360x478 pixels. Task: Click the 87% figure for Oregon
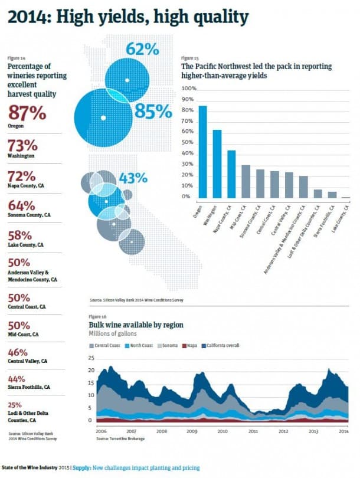(x=26, y=113)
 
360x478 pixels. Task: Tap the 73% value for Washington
(x=22, y=145)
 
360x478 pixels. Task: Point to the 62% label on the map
(x=142, y=48)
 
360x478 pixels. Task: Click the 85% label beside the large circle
(x=152, y=110)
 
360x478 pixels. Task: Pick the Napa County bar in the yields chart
(x=231, y=175)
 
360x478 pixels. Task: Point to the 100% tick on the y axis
(x=189, y=89)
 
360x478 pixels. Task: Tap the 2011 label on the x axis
(x=253, y=431)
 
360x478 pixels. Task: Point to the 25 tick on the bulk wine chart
(x=90, y=358)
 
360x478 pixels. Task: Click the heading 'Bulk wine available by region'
(x=136, y=325)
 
